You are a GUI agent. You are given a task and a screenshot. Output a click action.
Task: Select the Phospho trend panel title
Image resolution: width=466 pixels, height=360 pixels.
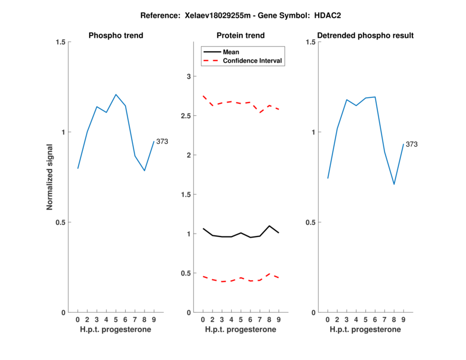click(x=116, y=36)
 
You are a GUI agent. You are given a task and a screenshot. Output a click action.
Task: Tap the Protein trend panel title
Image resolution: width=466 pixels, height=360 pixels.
click(x=241, y=36)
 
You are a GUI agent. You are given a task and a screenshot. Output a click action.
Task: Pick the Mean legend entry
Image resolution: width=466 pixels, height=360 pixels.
click(x=231, y=52)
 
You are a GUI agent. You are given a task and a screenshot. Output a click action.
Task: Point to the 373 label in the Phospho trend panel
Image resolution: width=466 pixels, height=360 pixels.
click(x=163, y=142)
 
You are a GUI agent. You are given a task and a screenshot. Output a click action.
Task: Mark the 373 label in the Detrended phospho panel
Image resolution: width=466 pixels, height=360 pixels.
click(x=412, y=144)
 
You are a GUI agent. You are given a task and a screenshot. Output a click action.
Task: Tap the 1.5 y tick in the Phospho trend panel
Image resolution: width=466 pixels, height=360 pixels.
click(x=59, y=42)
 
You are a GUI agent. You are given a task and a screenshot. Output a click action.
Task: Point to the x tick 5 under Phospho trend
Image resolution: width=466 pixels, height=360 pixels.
click(x=116, y=320)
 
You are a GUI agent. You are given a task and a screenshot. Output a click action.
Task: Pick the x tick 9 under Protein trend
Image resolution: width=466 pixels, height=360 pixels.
click(x=278, y=320)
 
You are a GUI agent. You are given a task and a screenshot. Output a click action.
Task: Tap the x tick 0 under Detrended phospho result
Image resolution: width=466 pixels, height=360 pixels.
click(x=327, y=320)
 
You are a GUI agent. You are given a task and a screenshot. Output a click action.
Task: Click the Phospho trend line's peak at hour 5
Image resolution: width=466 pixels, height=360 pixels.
click(x=116, y=94)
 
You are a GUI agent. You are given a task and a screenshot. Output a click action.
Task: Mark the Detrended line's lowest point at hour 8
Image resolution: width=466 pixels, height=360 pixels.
click(x=394, y=185)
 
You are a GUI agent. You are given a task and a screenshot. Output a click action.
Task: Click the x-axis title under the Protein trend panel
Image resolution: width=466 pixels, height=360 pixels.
click(x=241, y=330)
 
